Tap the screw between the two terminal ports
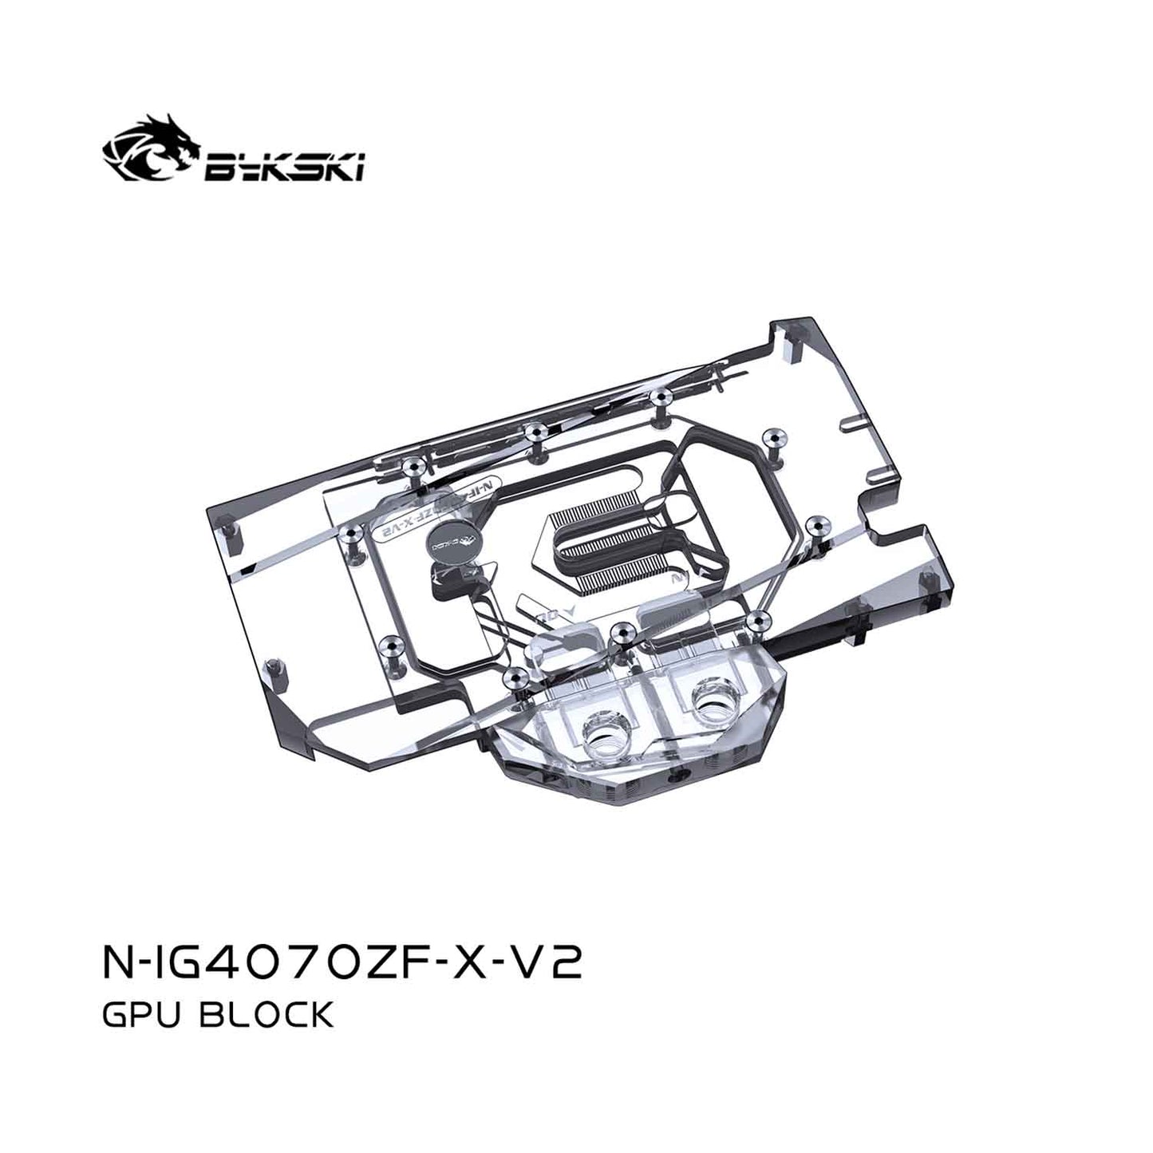click(618, 631)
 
